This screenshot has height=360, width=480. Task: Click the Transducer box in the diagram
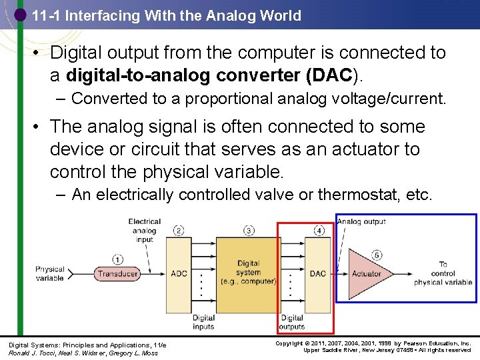point(117,274)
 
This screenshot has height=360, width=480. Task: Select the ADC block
point(179,274)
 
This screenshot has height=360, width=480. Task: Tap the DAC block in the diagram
point(318,274)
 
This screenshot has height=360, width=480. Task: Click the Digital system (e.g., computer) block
point(249,272)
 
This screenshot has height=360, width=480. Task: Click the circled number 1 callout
point(117,260)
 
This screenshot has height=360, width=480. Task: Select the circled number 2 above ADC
point(179,231)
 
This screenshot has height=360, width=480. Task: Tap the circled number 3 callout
point(249,231)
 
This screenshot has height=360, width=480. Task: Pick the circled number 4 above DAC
point(319,231)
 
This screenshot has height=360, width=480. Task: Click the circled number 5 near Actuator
point(377,255)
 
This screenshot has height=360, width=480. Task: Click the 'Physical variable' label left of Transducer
point(50,274)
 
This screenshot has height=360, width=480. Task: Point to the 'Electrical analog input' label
point(144,231)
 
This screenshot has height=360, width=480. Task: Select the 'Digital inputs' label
point(203,322)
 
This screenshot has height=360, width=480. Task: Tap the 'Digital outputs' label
point(292,322)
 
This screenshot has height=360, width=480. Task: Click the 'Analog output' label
point(361,221)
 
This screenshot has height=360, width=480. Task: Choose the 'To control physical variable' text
point(443,273)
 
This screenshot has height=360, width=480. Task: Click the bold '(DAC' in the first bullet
point(329,75)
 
